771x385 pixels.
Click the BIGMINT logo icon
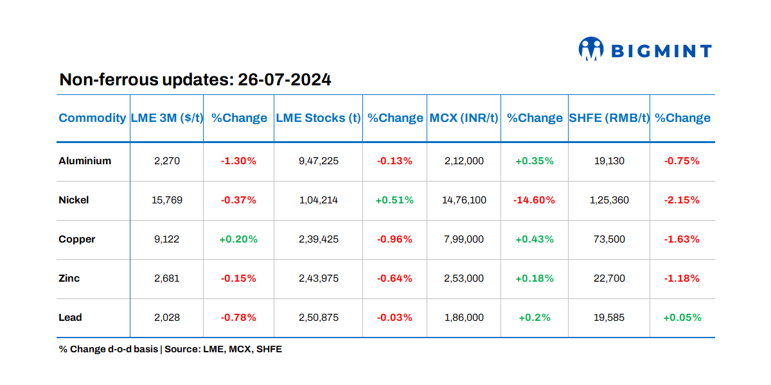pyautogui.click(x=591, y=49)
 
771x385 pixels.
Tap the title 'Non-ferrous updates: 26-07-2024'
pyautogui.click(x=195, y=80)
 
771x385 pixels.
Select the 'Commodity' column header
pyautogui.click(x=93, y=118)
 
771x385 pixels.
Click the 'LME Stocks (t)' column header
pyautogui.click(x=318, y=118)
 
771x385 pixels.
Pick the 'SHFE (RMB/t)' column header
pyautogui.click(x=609, y=118)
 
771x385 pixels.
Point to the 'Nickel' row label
pyautogui.click(x=74, y=200)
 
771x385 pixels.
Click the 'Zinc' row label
pyautogui.click(x=69, y=278)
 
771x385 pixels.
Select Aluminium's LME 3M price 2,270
pyautogui.click(x=167, y=161)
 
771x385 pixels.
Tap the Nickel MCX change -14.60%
pyautogui.click(x=534, y=200)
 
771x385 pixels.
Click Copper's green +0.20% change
pyautogui.click(x=238, y=239)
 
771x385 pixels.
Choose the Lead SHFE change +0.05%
pyautogui.click(x=682, y=318)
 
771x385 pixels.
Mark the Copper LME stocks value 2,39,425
pyautogui.click(x=319, y=239)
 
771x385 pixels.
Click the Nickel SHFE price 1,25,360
pyautogui.click(x=609, y=200)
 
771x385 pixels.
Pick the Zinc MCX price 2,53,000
pyautogui.click(x=464, y=278)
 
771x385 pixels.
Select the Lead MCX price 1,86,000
pyautogui.click(x=464, y=318)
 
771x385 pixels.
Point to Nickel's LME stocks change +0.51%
pyautogui.click(x=394, y=200)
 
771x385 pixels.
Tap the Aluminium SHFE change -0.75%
pyautogui.click(x=682, y=161)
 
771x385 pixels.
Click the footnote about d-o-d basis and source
pyautogui.click(x=170, y=350)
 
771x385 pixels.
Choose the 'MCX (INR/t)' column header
pyautogui.click(x=464, y=118)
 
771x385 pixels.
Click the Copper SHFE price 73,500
pyautogui.click(x=609, y=239)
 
